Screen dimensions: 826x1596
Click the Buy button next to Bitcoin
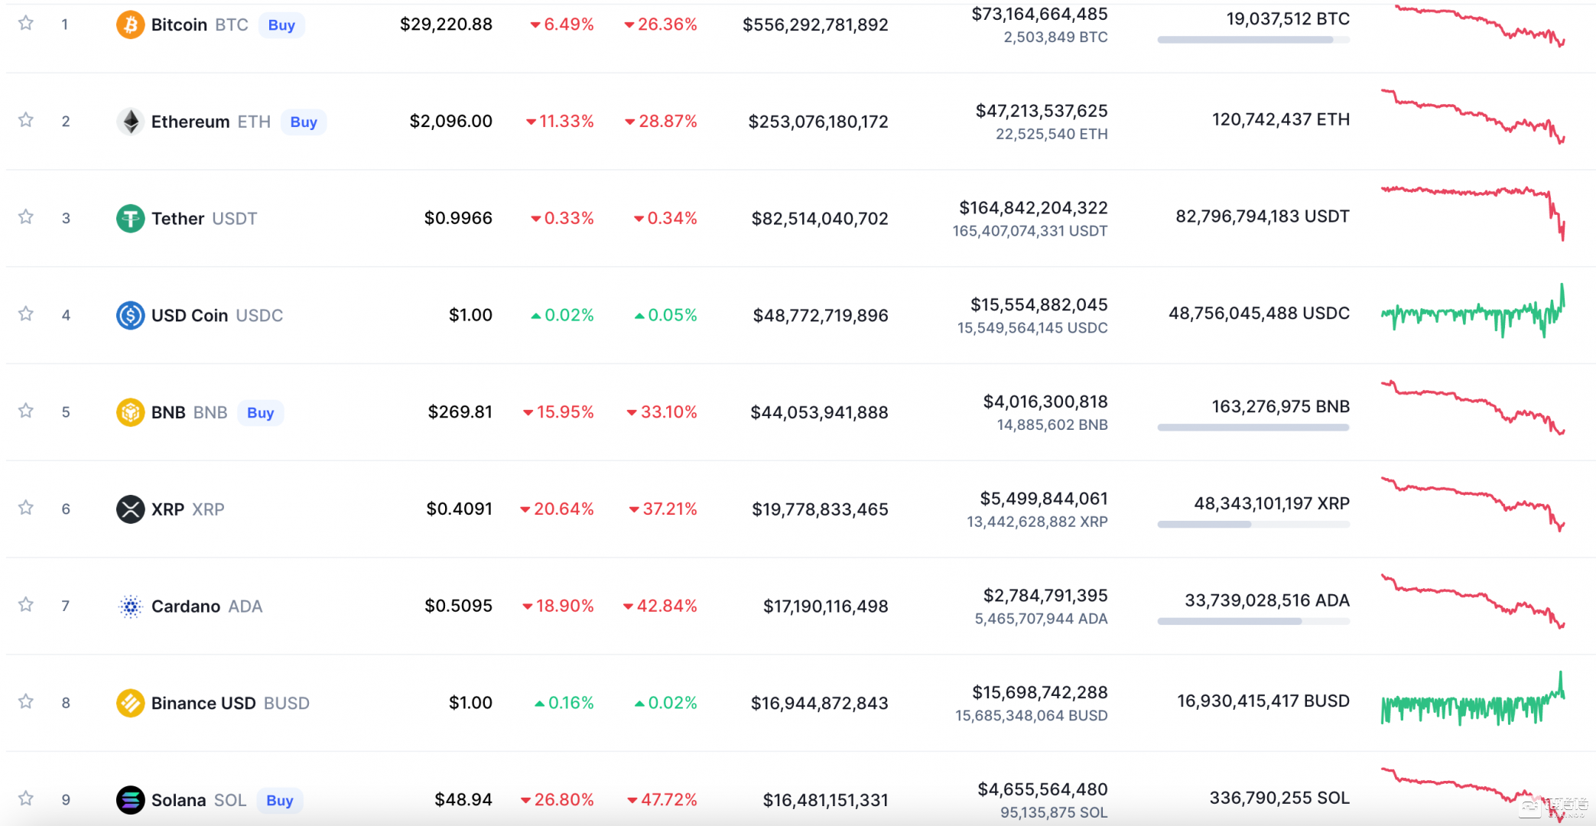coord(281,25)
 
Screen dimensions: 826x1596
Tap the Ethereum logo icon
coord(131,122)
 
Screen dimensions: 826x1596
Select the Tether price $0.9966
coord(458,219)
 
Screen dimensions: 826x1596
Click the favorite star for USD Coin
coord(26,314)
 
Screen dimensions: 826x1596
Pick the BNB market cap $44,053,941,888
coord(819,413)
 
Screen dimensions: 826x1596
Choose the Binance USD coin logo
coord(131,703)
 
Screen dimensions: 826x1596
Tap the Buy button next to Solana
coord(280,801)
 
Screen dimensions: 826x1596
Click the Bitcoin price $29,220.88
coord(446,24)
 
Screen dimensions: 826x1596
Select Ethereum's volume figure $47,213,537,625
coord(1042,111)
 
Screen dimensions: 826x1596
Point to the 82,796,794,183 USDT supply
coord(1262,216)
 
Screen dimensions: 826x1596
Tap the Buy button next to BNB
coord(260,413)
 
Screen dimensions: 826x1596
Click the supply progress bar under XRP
coord(1253,525)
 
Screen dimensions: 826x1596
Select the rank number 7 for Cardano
coord(66,606)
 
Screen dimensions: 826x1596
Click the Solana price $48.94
coord(463,800)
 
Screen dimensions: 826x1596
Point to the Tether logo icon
coord(131,219)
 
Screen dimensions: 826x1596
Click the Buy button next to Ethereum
coord(304,122)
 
